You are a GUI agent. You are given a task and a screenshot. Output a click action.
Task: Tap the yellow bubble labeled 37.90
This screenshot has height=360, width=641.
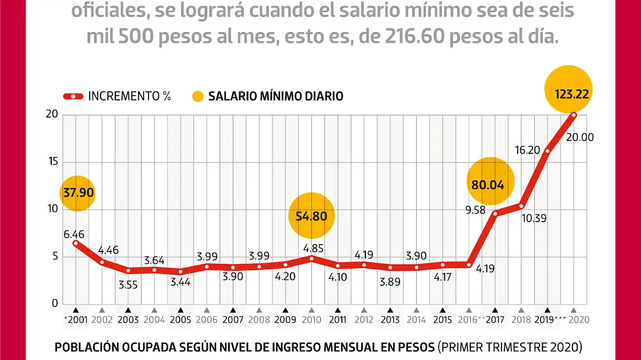tap(77, 192)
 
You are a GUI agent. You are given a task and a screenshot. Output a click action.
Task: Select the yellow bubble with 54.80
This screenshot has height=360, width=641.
tap(311, 216)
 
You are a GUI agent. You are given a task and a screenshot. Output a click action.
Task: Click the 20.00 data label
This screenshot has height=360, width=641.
tap(580, 137)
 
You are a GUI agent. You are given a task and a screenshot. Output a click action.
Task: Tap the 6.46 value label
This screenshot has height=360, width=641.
tap(74, 234)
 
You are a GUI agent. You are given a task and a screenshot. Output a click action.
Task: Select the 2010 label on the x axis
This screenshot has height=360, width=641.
tap(311, 320)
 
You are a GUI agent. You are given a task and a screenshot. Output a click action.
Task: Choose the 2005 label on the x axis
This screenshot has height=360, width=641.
tap(180, 320)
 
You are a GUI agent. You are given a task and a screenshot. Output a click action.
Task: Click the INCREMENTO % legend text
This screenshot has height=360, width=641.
tap(129, 96)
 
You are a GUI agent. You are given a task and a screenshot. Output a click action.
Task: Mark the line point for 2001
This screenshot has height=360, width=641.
tap(75, 243)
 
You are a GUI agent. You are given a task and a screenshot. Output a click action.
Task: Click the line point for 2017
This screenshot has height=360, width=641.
tap(495, 214)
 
